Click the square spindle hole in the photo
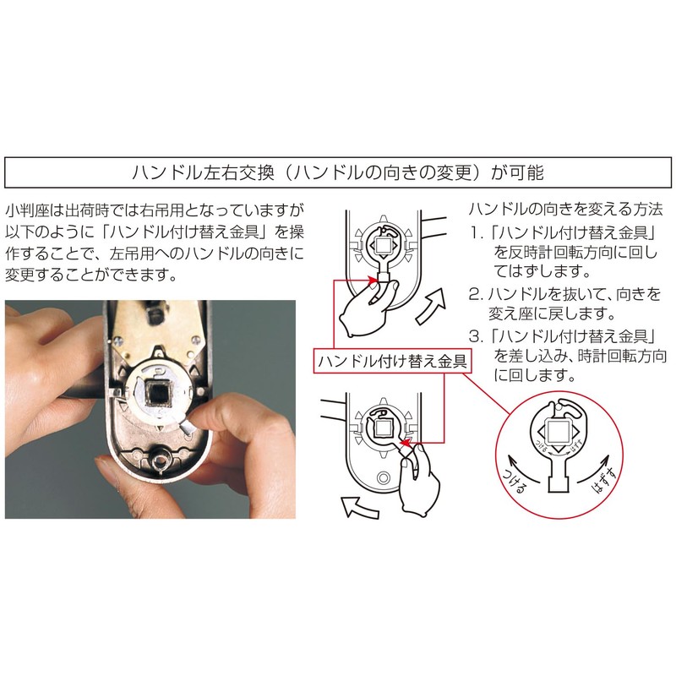pyautogui.click(x=161, y=395)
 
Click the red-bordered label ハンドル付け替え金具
pyautogui.click(x=394, y=360)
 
